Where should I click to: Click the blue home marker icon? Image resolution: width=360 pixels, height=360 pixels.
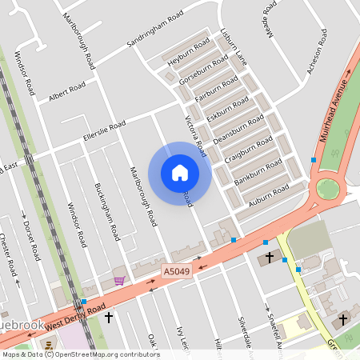pos(180,172)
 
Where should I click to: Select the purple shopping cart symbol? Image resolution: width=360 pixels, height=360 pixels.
pos(119,281)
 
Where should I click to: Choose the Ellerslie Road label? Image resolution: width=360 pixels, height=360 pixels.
pos(105,132)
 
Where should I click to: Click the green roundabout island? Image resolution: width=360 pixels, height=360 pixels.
pos(327,189)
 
